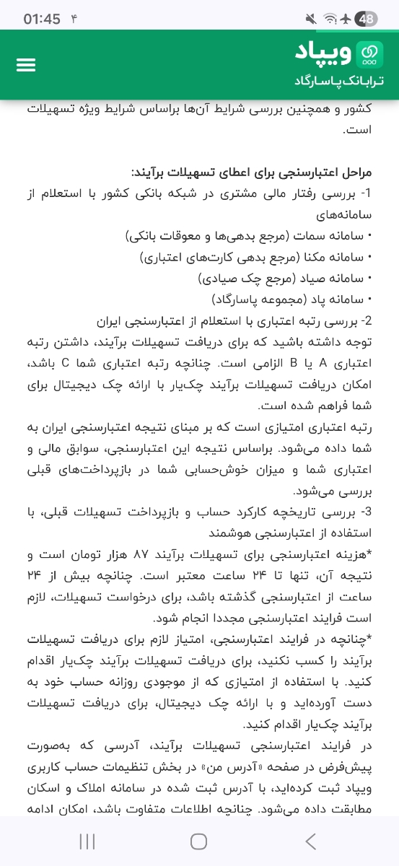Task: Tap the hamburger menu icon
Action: click(x=26, y=64)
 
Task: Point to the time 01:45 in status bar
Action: click(x=42, y=19)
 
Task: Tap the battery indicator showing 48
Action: click(x=367, y=19)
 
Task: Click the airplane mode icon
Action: click(x=348, y=19)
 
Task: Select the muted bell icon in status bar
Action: click(x=311, y=19)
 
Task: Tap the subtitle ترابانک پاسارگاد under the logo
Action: click(x=338, y=79)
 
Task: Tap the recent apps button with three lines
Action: click(x=87, y=841)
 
